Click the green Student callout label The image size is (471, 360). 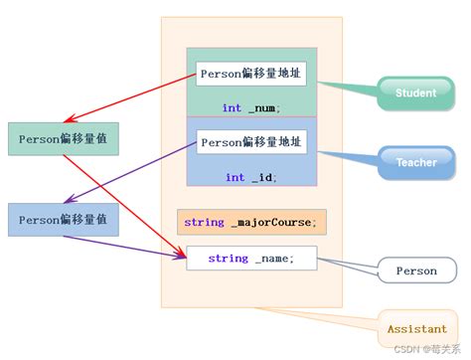tap(415, 93)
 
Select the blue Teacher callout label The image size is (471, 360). tap(416, 162)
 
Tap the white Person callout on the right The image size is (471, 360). tap(415, 270)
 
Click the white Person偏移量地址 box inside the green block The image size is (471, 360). tap(250, 74)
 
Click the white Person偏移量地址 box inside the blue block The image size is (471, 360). tap(251, 141)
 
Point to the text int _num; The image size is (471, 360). tap(250, 107)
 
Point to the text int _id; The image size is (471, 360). tap(250, 177)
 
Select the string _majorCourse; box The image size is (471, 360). tap(251, 222)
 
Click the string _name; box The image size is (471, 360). tap(251, 259)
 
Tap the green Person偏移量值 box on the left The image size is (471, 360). tap(63, 138)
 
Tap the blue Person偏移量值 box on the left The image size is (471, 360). tap(63, 219)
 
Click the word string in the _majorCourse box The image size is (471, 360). tap(204, 222)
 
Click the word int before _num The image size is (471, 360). tap(232, 107)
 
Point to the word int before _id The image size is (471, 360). tap(235, 177)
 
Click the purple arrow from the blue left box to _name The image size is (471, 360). tap(149, 245)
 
